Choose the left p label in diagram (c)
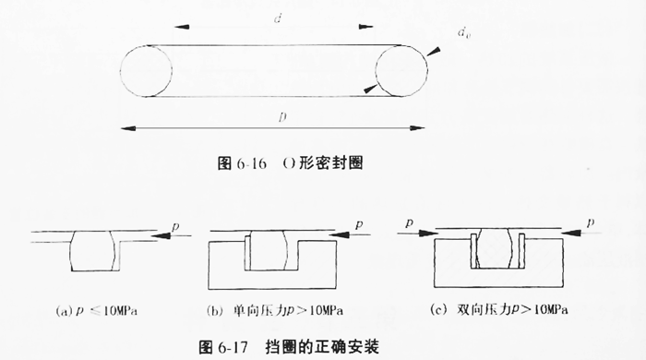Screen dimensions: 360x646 (409, 222)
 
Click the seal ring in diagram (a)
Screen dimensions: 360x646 (95, 250)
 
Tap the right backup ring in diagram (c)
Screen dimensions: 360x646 (522, 252)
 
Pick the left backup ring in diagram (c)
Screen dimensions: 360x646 (473, 252)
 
